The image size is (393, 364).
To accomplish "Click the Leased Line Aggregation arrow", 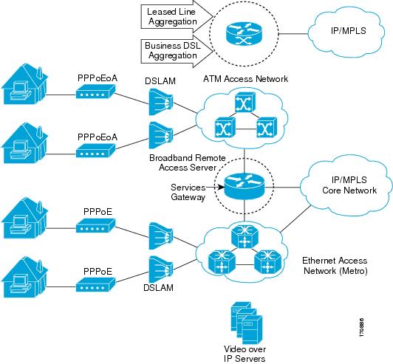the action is [x=177, y=16].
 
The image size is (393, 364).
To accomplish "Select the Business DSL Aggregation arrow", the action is [x=177, y=51].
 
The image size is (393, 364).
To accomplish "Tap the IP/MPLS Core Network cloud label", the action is [x=349, y=185].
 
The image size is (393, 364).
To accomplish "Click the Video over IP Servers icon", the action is [x=247, y=323].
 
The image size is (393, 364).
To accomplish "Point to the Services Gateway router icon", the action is [x=244, y=185].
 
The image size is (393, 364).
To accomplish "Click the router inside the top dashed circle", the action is [x=244, y=34].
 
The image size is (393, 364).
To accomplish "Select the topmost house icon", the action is [x=24, y=83].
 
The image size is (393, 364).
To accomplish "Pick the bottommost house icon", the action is [x=24, y=278].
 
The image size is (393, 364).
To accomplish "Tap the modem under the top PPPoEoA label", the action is [x=95, y=92].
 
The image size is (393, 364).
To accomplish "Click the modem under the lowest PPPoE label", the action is [x=95, y=284].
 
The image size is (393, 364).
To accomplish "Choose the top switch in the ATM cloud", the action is [x=245, y=102].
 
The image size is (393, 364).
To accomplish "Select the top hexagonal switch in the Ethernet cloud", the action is [x=245, y=236].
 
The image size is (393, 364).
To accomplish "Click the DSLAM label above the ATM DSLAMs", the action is [x=160, y=81].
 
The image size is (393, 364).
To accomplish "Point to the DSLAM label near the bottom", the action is [x=158, y=287].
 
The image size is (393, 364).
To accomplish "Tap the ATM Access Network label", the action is [x=245, y=79].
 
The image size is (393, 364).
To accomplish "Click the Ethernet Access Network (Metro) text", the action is [x=335, y=266].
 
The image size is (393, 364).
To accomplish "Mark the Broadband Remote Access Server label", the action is [x=188, y=162].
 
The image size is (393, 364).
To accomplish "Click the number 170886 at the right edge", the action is [x=361, y=327].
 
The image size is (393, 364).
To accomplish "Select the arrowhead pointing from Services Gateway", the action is [x=221, y=187].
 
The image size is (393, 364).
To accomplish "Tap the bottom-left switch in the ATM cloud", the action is [x=225, y=128].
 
